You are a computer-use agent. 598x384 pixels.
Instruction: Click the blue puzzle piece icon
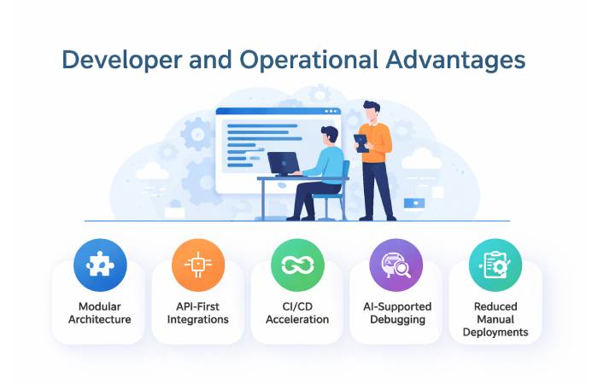click(100, 265)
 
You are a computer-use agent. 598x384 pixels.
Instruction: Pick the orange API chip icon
click(198, 265)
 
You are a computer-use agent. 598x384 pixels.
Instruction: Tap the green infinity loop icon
click(297, 265)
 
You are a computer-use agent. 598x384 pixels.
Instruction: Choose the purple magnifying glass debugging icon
click(396, 265)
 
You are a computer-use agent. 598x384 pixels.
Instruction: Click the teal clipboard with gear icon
click(495, 265)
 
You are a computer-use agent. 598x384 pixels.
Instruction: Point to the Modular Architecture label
click(100, 313)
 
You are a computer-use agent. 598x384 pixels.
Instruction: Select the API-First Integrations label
click(198, 313)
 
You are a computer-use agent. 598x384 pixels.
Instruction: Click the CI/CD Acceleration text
click(297, 313)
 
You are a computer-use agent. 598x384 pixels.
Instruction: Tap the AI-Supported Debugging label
click(396, 313)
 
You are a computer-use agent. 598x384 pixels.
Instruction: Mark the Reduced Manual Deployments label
click(495, 319)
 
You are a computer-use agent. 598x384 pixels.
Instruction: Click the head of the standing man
click(371, 111)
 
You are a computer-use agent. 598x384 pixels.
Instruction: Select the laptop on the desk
click(283, 163)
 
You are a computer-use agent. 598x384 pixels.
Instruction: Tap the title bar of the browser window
click(278, 112)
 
